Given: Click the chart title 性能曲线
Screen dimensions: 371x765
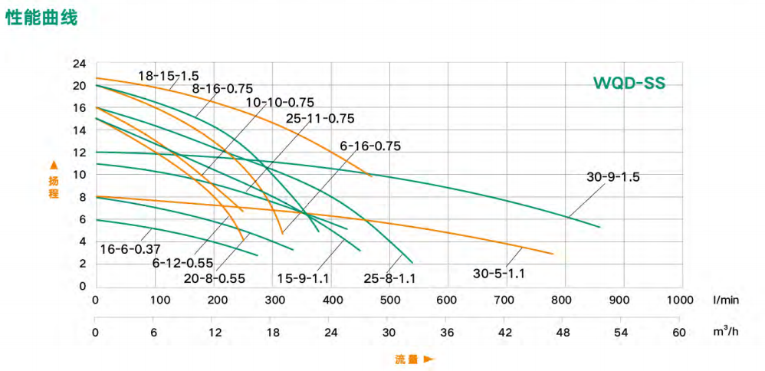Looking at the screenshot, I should coord(41,18).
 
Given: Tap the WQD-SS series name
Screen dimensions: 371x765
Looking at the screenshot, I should coord(628,83).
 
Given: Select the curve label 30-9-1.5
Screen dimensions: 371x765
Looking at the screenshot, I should coord(612,176).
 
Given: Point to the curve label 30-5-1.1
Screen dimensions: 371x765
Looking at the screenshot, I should coord(504,272).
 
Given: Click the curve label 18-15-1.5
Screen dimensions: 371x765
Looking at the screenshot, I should coord(169,76).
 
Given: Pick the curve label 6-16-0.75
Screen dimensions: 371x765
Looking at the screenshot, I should coord(370,146).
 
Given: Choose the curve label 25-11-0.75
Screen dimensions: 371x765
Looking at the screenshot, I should coord(320,118).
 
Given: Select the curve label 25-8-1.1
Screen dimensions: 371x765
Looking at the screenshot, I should coord(389,278).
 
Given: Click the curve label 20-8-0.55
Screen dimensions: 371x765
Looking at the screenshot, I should coord(215,278).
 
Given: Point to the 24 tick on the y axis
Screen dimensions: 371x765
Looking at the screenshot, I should coord(80,64).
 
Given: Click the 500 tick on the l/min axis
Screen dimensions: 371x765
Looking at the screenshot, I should coord(389,299).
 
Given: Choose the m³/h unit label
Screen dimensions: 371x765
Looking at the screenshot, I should coord(724,332).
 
